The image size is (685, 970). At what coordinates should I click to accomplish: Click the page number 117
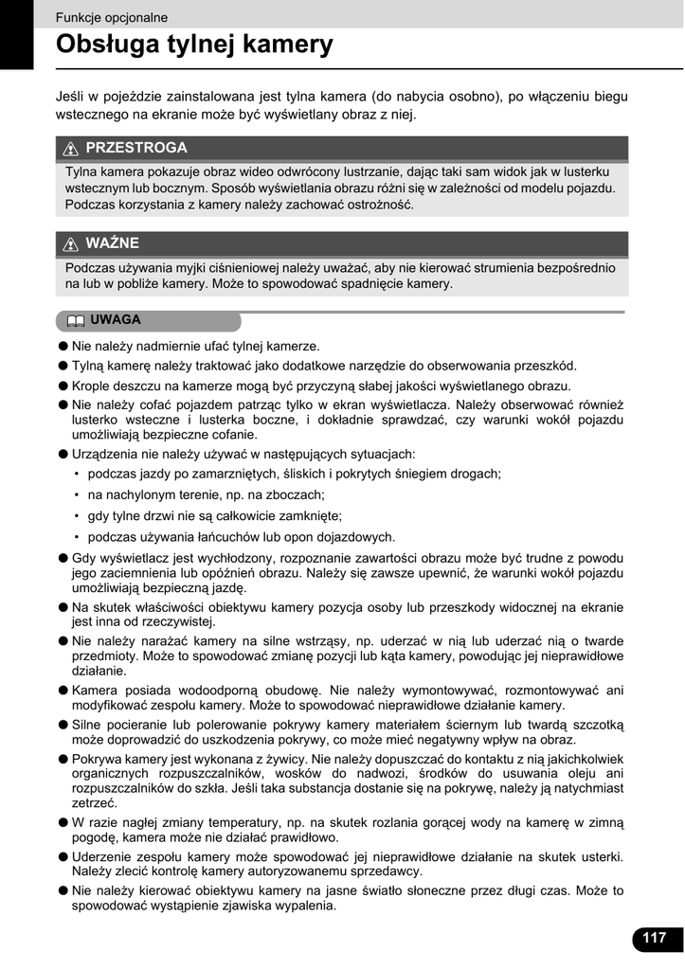(654, 938)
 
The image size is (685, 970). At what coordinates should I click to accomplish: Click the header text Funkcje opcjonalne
(112, 17)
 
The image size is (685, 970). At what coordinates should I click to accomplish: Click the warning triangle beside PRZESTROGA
(71, 149)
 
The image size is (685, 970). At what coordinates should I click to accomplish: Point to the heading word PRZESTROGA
(136, 148)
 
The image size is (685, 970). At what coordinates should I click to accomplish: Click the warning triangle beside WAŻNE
(71, 244)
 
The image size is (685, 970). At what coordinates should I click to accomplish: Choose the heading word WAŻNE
(113, 243)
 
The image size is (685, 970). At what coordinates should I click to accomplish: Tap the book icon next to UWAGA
(76, 320)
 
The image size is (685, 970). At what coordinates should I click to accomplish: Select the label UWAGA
(116, 320)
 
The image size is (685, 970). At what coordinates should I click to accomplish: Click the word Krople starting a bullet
(92, 386)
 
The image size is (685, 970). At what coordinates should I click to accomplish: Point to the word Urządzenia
(104, 454)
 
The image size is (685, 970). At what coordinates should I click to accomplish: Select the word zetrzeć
(94, 802)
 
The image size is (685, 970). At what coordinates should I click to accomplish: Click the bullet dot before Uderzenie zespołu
(63, 856)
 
